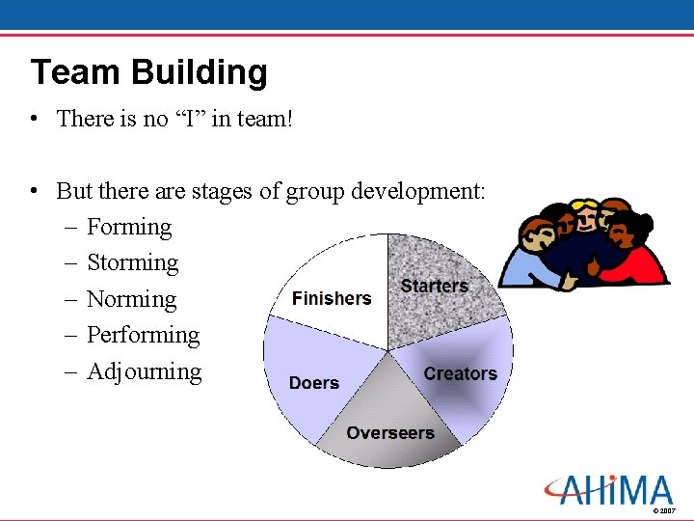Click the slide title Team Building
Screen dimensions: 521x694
coord(148,72)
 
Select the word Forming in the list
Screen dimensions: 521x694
coord(129,228)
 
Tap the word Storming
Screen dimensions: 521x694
coord(132,263)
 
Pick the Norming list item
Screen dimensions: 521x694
coord(131,299)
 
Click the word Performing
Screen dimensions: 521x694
coord(143,336)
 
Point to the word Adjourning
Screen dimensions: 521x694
coord(144,371)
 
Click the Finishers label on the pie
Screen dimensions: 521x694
coord(332,298)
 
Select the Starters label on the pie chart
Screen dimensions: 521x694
coord(434,286)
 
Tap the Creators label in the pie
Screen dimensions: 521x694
coord(460,373)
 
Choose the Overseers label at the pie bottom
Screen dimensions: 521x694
coord(390,433)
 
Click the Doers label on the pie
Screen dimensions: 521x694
coord(313,383)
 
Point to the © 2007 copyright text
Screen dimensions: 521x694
coord(664,510)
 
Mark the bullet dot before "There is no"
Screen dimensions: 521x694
coord(34,120)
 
